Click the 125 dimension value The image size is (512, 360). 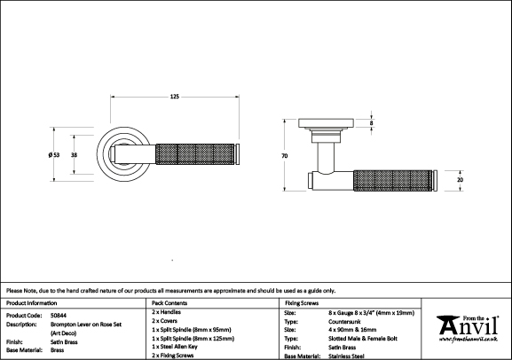point(175,97)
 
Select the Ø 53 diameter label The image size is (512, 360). point(54,154)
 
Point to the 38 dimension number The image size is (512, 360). point(75,154)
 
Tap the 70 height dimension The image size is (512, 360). point(285,156)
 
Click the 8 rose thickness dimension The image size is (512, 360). point(371,123)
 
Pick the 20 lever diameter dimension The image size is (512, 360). point(460,180)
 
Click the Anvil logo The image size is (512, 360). point(468,329)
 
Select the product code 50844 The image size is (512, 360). point(59,316)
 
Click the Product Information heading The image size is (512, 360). point(31,303)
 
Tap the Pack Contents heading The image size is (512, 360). point(169,303)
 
